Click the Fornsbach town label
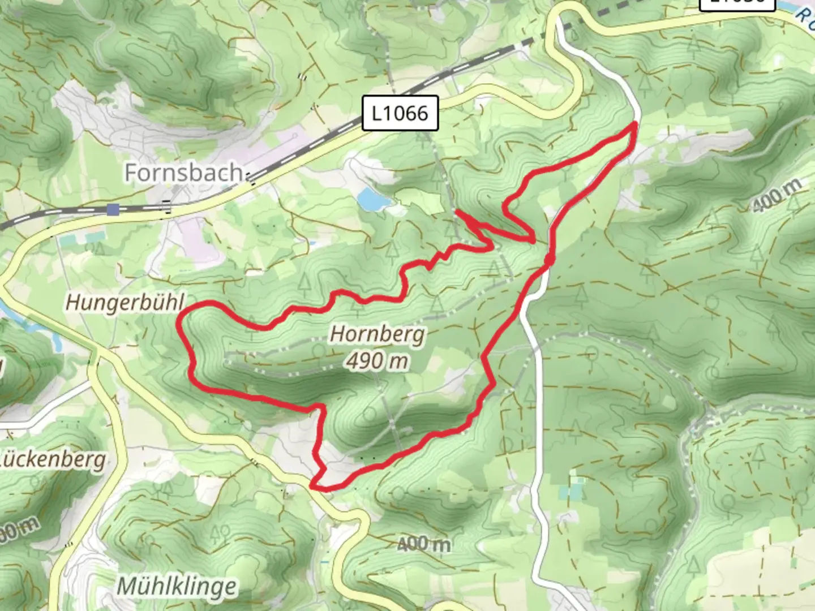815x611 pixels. click(183, 172)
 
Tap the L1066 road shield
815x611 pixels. click(400, 113)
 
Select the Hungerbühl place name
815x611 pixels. click(125, 302)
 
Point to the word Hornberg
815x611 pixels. click(377, 334)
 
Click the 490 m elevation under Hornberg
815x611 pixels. click(377, 360)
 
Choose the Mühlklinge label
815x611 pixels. click(176, 586)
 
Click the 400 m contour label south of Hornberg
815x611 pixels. click(424, 544)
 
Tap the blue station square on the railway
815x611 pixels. click(113, 210)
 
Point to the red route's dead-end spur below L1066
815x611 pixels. click(457, 212)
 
